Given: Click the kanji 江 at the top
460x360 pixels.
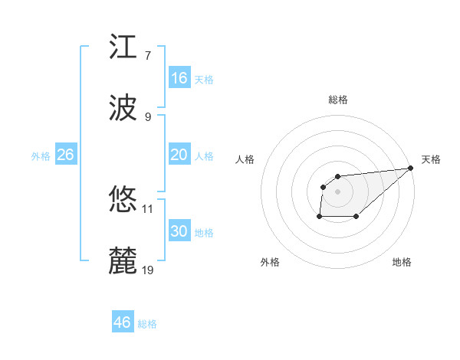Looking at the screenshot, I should [124, 47].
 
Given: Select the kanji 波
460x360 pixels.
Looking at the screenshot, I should [124, 107].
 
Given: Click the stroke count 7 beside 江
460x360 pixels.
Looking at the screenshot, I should [147, 55].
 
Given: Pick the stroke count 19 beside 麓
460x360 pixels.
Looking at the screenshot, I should [148, 270].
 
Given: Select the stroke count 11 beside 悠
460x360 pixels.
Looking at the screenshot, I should [148, 208].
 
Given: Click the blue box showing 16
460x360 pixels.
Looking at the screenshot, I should [179, 78].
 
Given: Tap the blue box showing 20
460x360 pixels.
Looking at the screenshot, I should [179, 155].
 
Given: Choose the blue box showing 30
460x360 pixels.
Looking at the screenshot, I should [179, 231].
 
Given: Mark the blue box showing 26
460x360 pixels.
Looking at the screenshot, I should [65, 155].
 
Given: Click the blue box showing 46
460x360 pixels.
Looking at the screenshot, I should [122, 322].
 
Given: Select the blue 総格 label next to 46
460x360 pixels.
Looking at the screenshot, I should [147, 324].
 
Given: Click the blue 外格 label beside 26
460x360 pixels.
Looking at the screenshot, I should [41, 156].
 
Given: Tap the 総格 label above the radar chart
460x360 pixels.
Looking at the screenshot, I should [338, 100].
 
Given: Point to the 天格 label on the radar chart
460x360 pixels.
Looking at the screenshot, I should [431, 159].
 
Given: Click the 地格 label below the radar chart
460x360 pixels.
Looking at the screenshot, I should [402, 263].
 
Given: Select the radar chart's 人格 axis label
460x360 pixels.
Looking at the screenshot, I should [245, 159].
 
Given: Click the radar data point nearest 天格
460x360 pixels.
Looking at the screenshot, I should [411, 169].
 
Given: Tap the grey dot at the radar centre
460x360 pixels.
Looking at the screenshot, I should [338, 191].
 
